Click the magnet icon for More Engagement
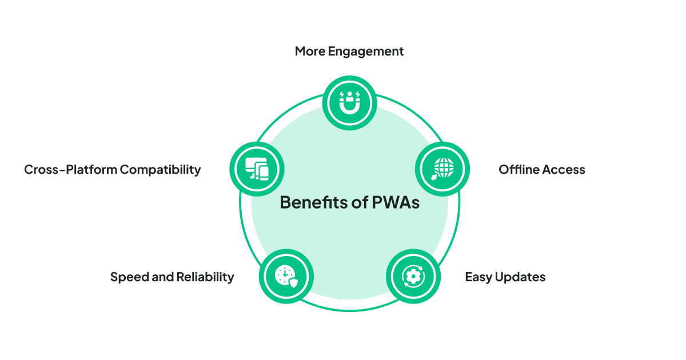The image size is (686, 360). (349, 103)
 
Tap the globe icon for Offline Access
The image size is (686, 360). (442, 169)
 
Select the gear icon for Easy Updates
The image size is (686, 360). (413, 276)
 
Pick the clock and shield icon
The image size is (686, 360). (286, 276)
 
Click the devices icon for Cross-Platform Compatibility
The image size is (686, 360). (257, 169)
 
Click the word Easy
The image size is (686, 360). (478, 277)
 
